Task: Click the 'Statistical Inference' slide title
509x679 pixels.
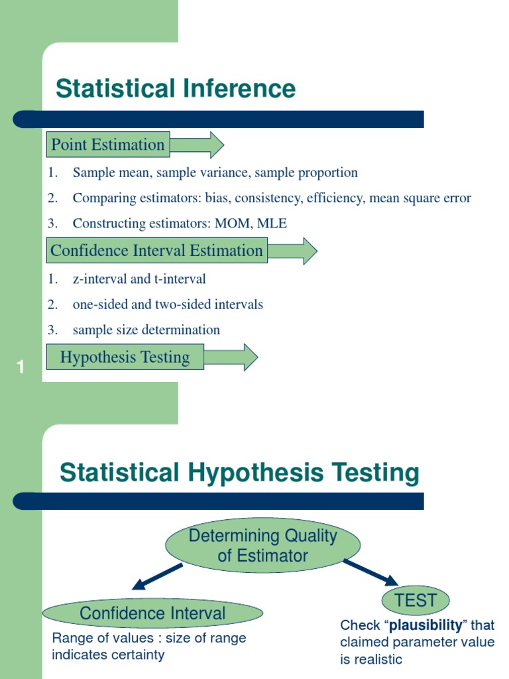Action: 176,88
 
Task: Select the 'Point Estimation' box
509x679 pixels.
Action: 107,145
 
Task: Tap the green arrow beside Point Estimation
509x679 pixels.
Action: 198,145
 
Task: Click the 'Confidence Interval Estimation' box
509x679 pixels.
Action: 156,251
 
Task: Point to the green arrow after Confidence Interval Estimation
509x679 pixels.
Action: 292,251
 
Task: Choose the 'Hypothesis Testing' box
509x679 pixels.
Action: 125,357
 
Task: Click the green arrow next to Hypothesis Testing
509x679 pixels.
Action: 231,357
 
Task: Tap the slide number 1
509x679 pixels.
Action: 21,367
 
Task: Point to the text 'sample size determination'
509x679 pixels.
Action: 146,330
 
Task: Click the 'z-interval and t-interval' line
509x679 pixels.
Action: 139,278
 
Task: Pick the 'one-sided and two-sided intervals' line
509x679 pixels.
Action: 168,304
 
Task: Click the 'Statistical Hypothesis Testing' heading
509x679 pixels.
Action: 239,473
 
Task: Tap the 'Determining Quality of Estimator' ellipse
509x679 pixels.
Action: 262,545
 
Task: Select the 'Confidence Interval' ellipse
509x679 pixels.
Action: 152,613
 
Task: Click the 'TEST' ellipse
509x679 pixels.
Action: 416,601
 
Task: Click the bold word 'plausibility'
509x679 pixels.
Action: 425,625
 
